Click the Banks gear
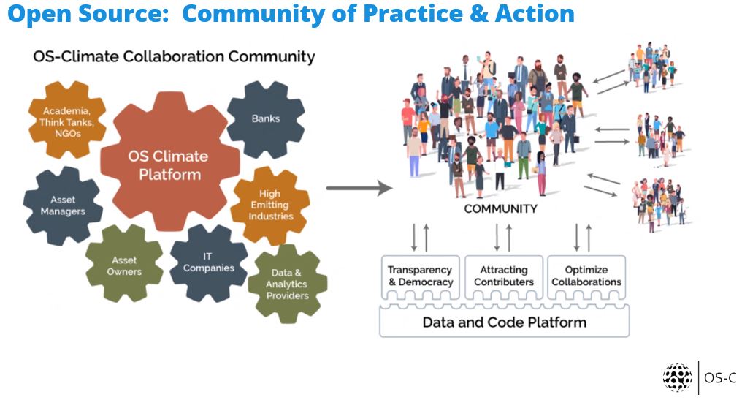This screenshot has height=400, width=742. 266,119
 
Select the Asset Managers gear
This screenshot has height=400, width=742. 63,206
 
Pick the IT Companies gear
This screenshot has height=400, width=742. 208,263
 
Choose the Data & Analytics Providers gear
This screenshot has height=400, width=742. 287,284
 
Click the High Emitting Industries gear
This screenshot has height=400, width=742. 269,205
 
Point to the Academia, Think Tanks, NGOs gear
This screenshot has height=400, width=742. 67,120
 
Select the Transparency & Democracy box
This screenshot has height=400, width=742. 420,277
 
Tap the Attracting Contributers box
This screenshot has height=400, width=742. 503,277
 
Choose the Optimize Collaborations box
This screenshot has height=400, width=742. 586,277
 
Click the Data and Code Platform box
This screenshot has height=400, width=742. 505,321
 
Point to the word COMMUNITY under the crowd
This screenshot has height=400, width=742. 501,209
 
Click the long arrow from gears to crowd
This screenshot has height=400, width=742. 359,188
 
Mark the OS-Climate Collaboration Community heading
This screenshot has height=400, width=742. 174,56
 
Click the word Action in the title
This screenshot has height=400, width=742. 535,13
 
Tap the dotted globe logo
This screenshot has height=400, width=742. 677,378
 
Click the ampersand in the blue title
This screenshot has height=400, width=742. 479,13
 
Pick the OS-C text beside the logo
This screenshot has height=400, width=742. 720,378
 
